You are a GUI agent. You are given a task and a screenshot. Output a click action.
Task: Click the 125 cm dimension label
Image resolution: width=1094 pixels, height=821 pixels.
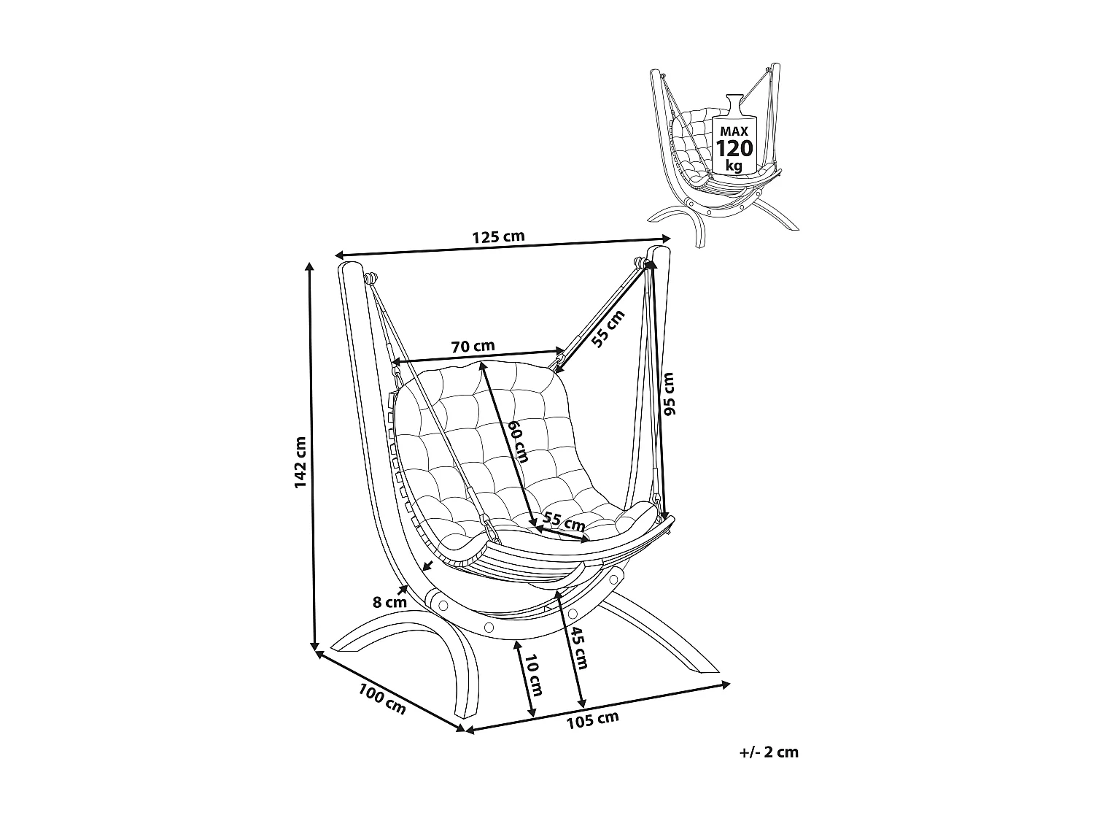pyautogui.click(x=498, y=236)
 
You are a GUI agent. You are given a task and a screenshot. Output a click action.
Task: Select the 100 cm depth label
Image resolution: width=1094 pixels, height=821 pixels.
pyautogui.click(x=381, y=698)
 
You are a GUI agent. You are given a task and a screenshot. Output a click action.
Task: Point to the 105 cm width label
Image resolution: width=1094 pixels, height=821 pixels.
pyautogui.click(x=592, y=720)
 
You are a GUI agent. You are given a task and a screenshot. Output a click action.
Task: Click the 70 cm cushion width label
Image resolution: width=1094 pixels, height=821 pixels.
pyautogui.click(x=473, y=346)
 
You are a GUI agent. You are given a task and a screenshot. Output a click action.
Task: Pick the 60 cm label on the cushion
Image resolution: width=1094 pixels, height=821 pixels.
pyautogui.click(x=517, y=441)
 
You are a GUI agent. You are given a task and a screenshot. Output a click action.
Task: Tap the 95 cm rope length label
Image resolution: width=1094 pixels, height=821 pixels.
pyautogui.click(x=670, y=393)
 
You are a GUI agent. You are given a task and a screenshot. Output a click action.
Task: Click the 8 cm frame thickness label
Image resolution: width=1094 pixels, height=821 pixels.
pyautogui.click(x=389, y=602)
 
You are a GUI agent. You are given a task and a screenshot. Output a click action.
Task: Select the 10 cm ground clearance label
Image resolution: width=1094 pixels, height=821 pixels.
pyautogui.click(x=534, y=675)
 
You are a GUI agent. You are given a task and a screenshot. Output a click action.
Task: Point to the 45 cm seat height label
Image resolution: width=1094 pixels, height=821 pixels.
pyautogui.click(x=579, y=647)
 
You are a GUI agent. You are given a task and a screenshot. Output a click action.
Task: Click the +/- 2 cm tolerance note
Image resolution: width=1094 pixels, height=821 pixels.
pyautogui.click(x=769, y=752)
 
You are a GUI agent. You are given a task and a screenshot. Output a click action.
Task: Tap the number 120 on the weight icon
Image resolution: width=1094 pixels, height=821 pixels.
pyautogui.click(x=734, y=149)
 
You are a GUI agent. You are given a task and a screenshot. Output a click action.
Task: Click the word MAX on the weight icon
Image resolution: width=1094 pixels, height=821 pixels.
pyautogui.click(x=734, y=131)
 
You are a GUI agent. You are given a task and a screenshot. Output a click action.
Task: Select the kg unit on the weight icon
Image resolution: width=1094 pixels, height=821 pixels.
pyautogui.click(x=734, y=166)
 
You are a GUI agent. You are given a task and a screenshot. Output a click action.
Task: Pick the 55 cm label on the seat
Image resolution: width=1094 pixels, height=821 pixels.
pyautogui.click(x=565, y=522)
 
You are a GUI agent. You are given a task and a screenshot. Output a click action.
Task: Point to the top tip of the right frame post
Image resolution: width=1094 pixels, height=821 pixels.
pyautogui.click(x=660, y=250)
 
